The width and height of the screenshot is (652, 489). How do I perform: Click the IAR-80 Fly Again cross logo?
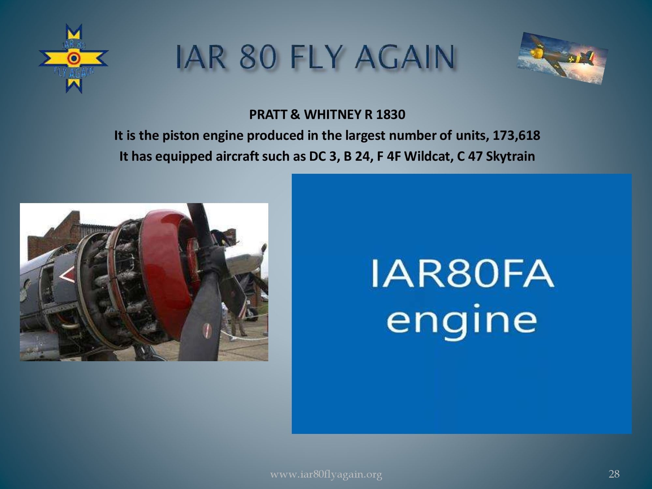click(x=74, y=59)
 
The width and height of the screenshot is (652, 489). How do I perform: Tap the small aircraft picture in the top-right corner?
click(x=562, y=58)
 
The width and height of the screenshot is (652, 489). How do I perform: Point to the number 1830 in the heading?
click(x=391, y=114)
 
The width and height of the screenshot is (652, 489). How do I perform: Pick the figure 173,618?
click(x=516, y=135)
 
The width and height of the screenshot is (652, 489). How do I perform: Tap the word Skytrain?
click(x=510, y=156)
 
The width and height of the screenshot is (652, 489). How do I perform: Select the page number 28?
click(x=614, y=474)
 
